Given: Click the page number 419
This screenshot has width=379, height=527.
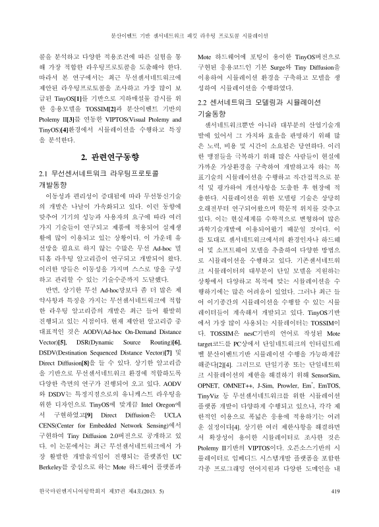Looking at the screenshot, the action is tap(334, 509).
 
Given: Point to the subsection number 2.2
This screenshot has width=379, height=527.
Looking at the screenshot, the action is tap(205, 102).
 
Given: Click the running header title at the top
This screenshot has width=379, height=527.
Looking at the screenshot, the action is tap(189, 34).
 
